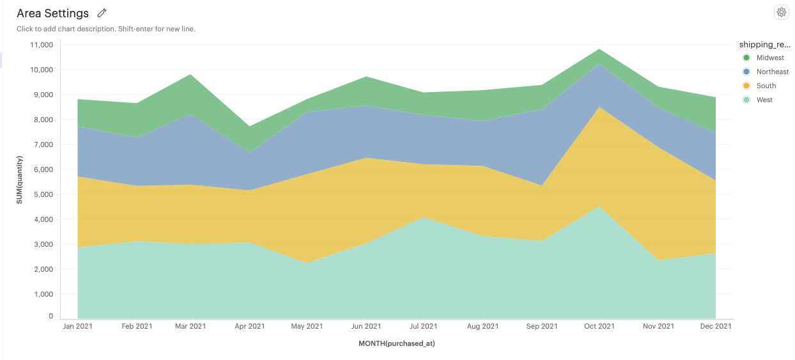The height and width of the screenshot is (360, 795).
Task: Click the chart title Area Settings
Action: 52,13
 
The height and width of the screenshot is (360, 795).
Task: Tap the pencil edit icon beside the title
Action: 102,13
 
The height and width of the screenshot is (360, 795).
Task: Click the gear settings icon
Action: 781,12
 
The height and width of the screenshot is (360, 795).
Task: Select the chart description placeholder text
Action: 106,29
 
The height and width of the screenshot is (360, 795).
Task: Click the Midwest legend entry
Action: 769,58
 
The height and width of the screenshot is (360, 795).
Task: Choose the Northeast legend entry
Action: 772,72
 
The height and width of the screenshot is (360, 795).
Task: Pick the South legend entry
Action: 766,86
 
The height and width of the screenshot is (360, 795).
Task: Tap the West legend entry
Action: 764,100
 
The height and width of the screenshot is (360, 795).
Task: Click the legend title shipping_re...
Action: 764,44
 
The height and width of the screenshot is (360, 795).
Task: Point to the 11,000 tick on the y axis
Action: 43,45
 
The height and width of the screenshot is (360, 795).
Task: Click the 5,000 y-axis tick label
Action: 45,194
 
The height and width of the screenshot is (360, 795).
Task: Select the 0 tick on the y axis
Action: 51,317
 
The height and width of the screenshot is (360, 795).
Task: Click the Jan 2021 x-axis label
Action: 77,326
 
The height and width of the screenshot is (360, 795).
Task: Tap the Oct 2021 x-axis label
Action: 599,326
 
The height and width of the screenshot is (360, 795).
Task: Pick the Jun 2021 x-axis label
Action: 366,326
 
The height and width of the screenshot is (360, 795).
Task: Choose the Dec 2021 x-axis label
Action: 715,326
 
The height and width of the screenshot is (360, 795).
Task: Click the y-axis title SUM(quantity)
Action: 20,180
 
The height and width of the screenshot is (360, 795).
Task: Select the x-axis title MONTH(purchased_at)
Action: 397,343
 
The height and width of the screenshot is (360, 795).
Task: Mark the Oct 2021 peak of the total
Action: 599,49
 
